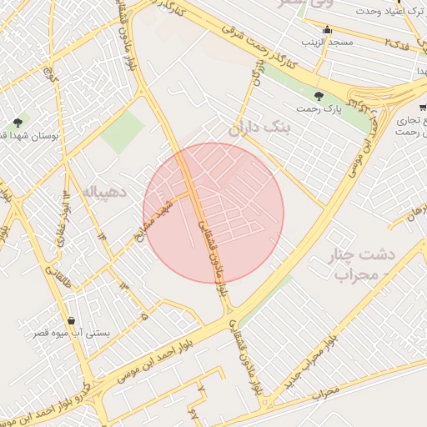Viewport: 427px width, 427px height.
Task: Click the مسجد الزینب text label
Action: tap(330, 42)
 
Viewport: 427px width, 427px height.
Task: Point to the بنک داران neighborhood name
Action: tap(256, 128)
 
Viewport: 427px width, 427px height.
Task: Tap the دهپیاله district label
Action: tap(104, 192)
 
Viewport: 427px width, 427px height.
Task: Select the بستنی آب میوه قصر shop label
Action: tap(76, 334)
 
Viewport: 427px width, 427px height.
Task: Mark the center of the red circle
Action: tap(213, 213)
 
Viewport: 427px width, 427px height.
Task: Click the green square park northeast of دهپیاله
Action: tap(123, 132)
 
